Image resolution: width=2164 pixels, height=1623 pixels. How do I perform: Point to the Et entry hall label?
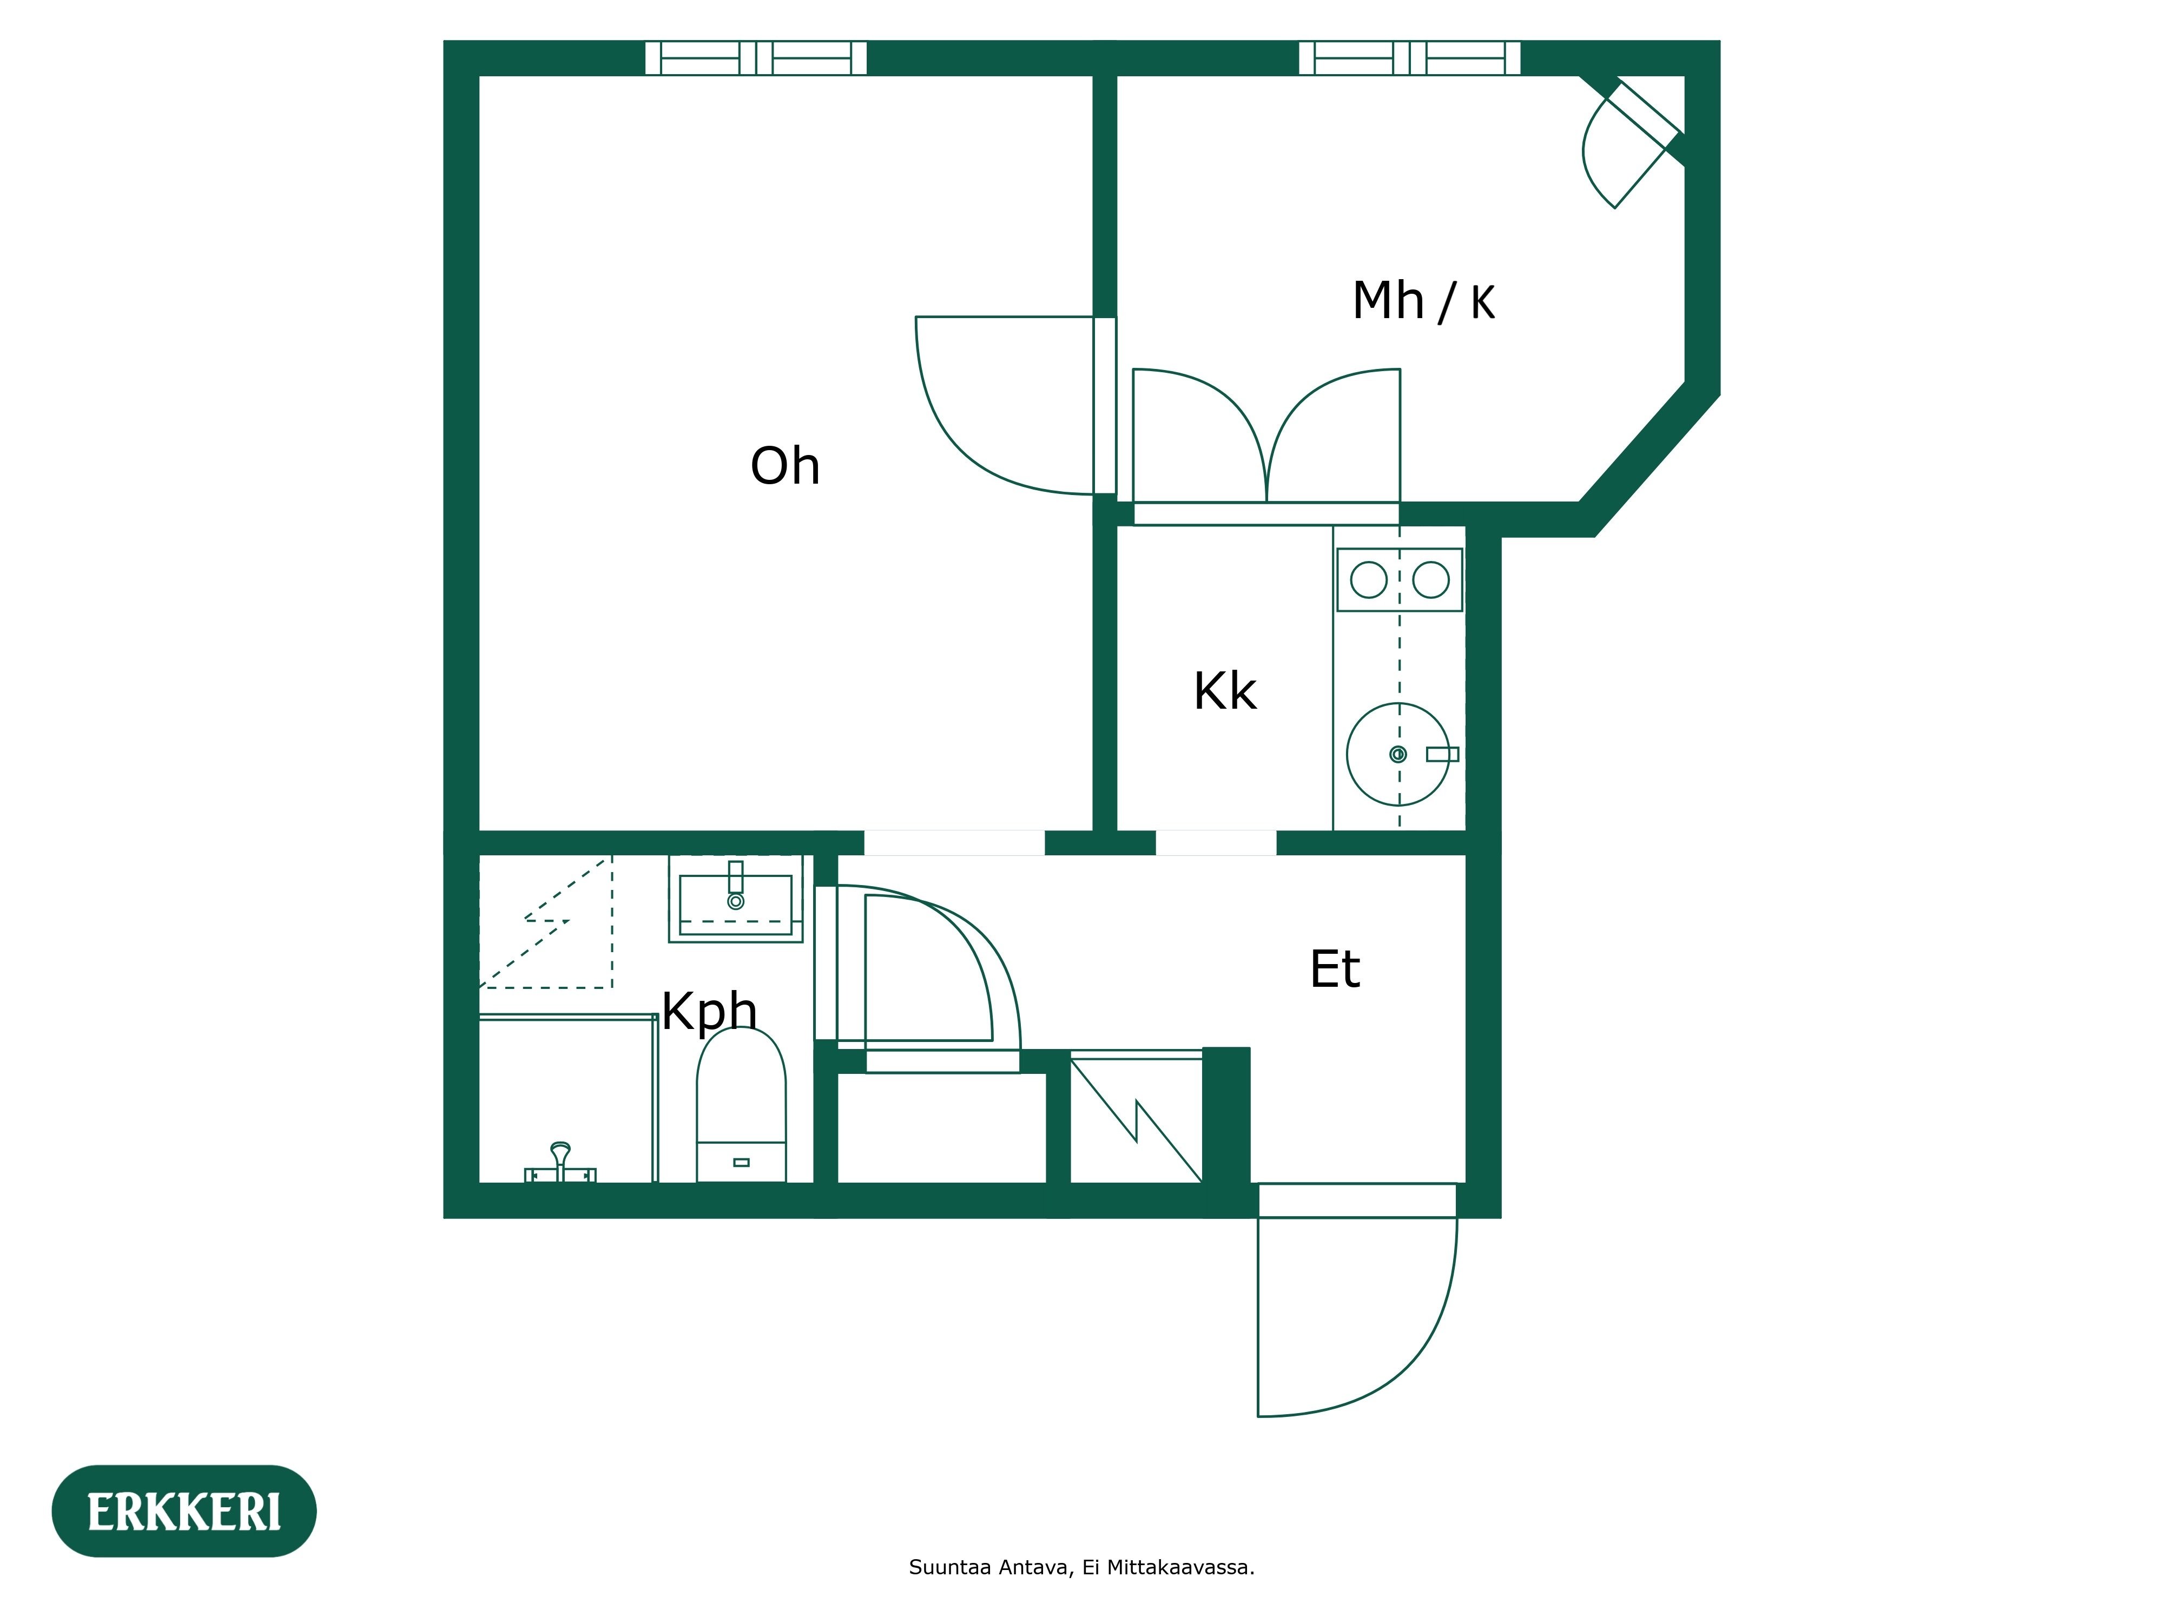pos(1335,969)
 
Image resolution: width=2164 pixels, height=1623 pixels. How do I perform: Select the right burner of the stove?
pos(1430,580)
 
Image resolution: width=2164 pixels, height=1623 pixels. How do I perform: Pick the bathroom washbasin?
pos(736,898)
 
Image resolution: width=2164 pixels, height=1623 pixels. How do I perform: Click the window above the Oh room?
pos(755,58)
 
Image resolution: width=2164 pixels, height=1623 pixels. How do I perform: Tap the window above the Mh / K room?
pos(1409,58)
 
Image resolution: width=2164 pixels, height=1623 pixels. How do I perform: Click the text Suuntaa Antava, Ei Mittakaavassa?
pos(1081,1567)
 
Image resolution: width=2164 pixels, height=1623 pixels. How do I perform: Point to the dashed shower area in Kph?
pos(545,921)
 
